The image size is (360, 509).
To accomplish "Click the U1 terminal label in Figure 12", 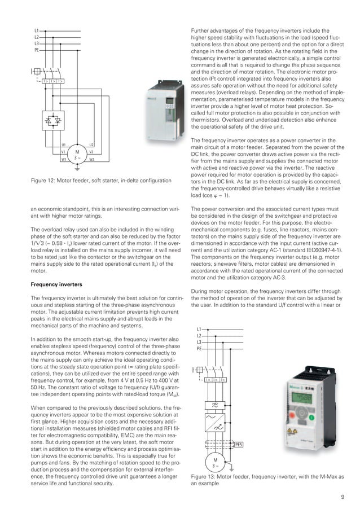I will coord(64,146).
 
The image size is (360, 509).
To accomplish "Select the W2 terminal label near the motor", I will coord(91,160).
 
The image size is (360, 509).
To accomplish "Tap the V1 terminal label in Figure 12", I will coord(64,152).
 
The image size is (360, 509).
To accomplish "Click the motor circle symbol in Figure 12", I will coord(77,153).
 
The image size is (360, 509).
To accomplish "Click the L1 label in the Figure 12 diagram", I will coord(36,30).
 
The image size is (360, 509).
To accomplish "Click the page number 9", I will coord(343,497).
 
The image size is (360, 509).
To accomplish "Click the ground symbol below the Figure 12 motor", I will coord(77,168).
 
